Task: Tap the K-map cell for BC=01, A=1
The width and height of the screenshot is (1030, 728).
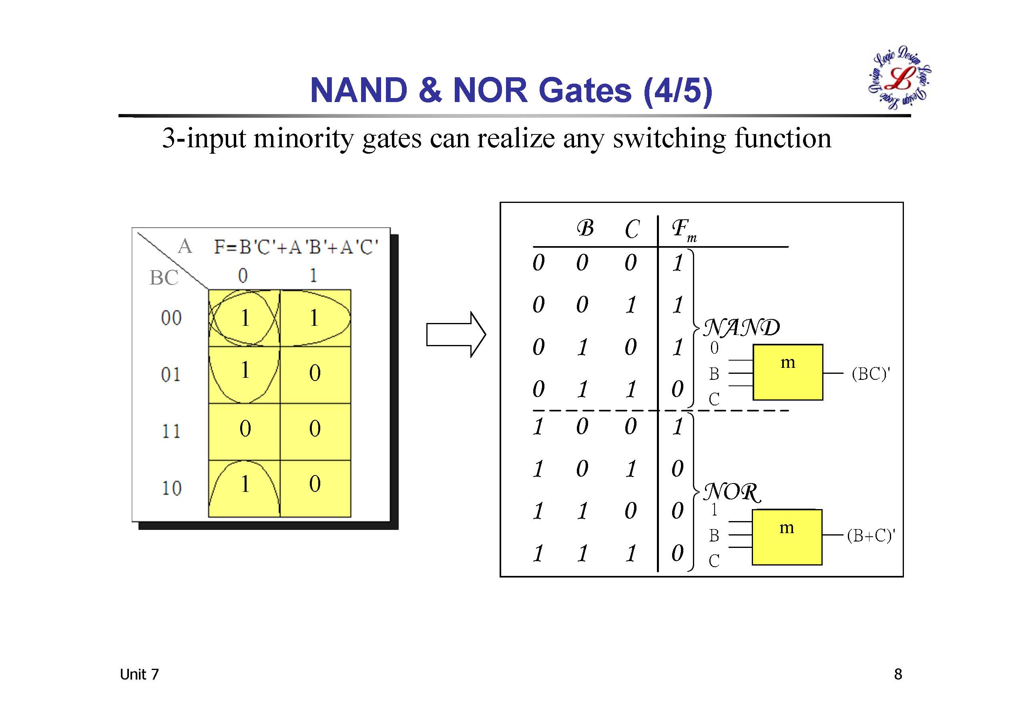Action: tap(315, 374)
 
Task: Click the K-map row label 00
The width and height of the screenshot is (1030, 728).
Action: tap(171, 318)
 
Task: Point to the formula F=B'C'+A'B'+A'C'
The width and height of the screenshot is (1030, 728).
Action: tap(296, 247)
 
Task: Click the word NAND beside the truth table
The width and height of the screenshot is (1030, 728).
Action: tap(741, 328)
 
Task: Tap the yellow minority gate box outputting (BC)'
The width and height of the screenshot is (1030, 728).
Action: tap(787, 372)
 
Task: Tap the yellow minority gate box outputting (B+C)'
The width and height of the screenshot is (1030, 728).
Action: tap(787, 537)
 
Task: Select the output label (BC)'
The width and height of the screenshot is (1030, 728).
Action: tap(870, 374)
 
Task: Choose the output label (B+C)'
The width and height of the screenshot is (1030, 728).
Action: tap(871, 535)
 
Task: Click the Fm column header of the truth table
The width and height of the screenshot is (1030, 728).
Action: tap(683, 230)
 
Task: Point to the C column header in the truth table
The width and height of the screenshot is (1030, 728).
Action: tap(632, 229)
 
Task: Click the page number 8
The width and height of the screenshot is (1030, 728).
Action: tap(897, 674)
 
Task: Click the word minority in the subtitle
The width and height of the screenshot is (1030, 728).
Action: tap(304, 138)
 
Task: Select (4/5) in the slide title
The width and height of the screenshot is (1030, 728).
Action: tap(677, 90)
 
